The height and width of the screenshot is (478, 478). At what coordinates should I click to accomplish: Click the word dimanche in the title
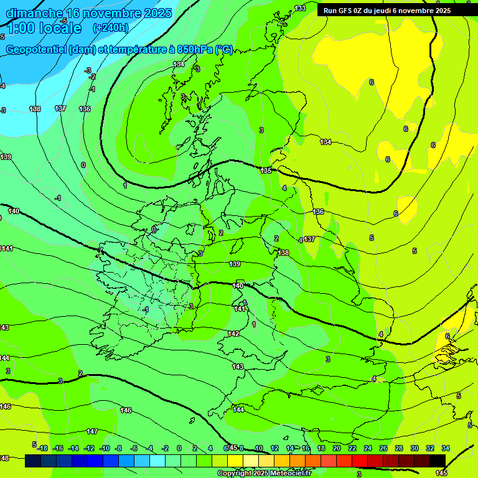pyautogui.click(x=34, y=13)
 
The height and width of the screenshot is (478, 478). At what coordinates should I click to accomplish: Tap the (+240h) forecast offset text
pyautogui.click(x=110, y=27)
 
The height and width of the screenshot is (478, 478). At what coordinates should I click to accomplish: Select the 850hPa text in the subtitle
pyautogui.click(x=192, y=50)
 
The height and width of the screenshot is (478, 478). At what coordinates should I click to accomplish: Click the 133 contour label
pyautogui.click(x=300, y=8)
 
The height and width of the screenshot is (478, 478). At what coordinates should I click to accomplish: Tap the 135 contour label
pyautogui.click(x=266, y=171)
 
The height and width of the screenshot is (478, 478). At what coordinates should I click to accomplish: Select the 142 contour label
pyautogui.click(x=233, y=334)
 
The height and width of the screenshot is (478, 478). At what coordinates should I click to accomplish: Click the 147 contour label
pyautogui.click(x=92, y=431)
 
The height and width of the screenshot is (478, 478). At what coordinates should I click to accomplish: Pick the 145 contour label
pyautogui.click(x=441, y=473)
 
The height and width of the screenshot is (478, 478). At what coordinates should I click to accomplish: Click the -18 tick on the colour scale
pyautogui.click(x=42, y=448)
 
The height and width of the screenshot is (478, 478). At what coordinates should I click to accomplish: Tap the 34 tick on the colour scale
pyautogui.click(x=446, y=448)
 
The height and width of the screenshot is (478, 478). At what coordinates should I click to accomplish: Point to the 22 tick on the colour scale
pyautogui.click(x=352, y=448)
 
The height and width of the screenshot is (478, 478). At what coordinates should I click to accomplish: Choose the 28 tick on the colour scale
pyautogui.click(x=399, y=448)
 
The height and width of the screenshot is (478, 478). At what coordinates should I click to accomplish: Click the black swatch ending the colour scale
pyautogui.click(x=438, y=461)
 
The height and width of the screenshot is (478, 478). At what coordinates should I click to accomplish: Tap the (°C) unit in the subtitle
pyautogui.click(x=224, y=50)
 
